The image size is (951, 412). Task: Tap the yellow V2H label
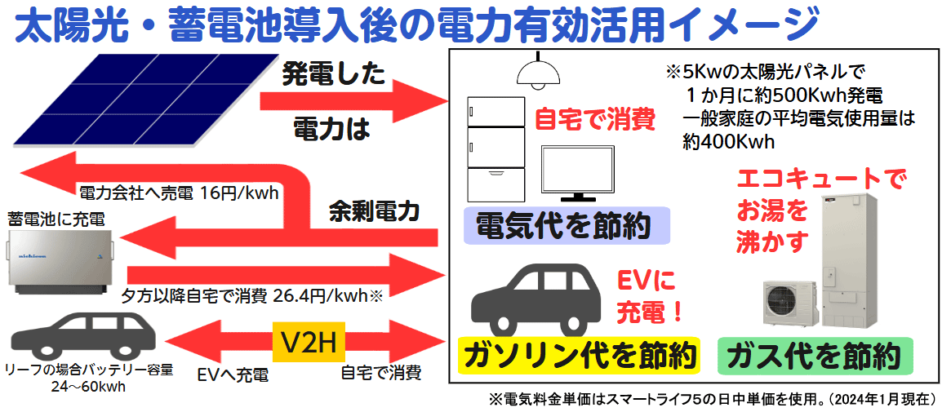click(309, 343)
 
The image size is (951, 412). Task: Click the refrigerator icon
click(495, 148)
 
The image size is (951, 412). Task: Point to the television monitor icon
click(578, 174)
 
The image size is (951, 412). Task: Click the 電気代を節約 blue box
click(565, 226)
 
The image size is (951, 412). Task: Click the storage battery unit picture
click(60, 260)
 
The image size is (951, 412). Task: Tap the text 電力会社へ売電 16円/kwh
click(180, 194)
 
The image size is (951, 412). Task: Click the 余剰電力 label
click(374, 212)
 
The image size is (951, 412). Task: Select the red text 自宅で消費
click(595, 120)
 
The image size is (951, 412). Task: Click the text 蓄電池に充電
click(56, 219)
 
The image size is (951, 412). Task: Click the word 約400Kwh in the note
click(728, 140)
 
